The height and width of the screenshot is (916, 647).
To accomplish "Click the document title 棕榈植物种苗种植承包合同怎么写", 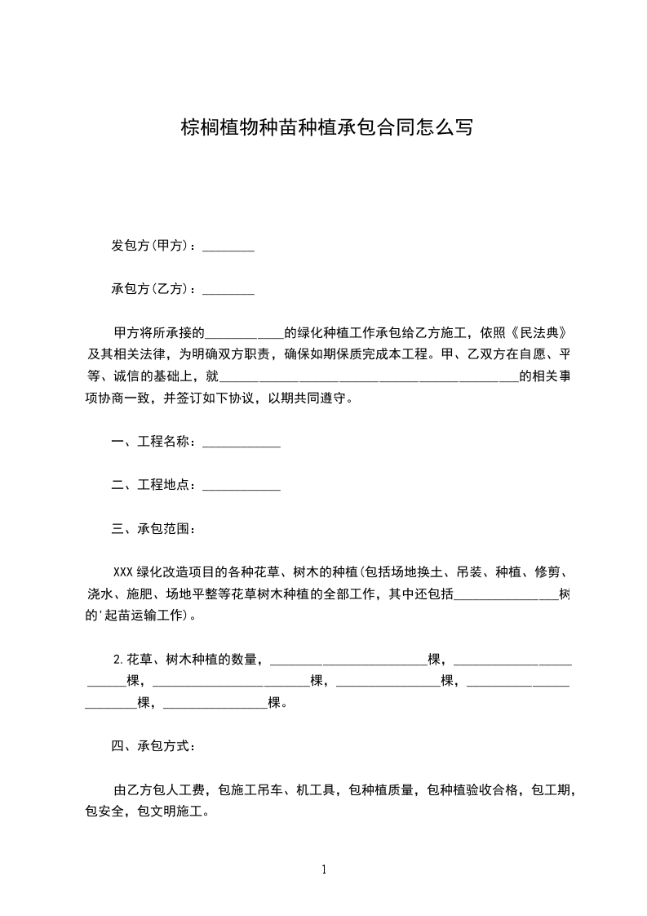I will pyautogui.click(x=326, y=127).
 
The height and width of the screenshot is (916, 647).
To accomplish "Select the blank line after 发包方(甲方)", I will pyautogui.click(x=228, y=247).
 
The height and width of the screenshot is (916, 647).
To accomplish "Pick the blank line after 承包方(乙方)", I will pyautogui.click(x=228, y=291).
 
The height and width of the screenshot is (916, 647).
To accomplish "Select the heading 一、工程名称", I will pyautogui.click(x=153, y=442).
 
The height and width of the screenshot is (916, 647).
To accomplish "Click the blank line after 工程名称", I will pyautogui.click(x=241, y=443).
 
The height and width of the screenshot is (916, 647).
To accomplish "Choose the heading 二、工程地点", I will pyautogui.click(x=153, y=485).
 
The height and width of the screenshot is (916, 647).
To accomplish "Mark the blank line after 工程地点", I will pyautogui.click(x=241, y=487).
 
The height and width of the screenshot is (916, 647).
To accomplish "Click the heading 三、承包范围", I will pyautogui.click(x=153, y=528).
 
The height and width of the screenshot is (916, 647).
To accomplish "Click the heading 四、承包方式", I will pyautogui.click(x=153, y=746).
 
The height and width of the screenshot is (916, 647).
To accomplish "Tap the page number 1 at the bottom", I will pyautogui.click(x=324, y=869).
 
